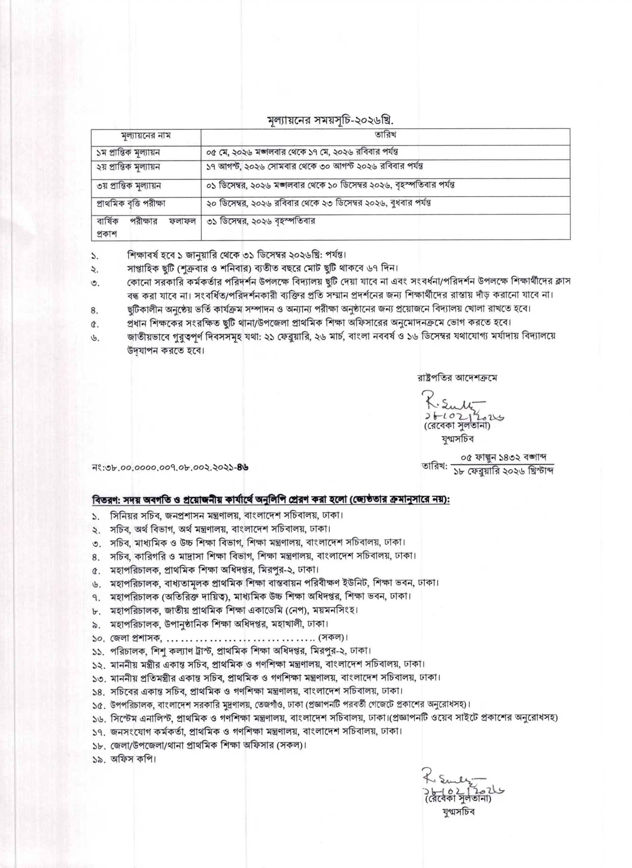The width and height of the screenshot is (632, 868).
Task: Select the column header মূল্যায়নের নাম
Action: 146,136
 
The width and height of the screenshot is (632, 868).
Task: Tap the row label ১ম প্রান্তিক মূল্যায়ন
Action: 128,152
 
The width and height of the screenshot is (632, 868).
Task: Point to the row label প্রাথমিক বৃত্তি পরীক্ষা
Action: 131,203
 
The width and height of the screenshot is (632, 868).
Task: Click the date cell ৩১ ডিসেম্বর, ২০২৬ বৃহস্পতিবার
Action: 260,221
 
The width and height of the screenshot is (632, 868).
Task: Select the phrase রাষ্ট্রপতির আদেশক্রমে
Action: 457,378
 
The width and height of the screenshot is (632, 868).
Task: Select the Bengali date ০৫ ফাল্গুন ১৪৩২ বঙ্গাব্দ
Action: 503,457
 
